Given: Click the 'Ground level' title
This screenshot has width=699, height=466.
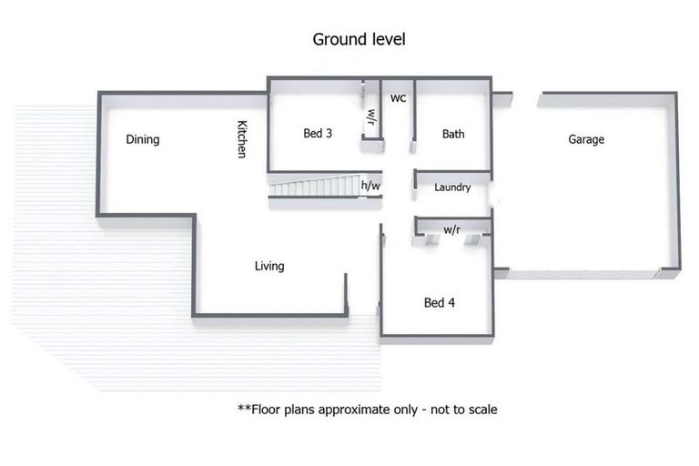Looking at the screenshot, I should pyautogui.click(x=359, y=39).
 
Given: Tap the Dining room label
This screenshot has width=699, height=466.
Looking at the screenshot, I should pyautogui.click(x=143, y=139).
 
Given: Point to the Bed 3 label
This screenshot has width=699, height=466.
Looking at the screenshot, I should pyautogui.click(x=318, y=133).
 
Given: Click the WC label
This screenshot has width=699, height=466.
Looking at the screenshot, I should pyautogui.click(x=398, y=97).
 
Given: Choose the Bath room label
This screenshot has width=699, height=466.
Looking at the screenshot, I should pyautogui.click(x=453, y=134).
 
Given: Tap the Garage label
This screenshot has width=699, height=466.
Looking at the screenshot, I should pyautogui.click(x=586, y=139).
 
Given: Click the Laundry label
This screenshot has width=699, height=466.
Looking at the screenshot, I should pyautogui.click(x=452, y=187).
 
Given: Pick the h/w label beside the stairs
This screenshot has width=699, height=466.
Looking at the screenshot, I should pyautogui.click(x=370, y=187).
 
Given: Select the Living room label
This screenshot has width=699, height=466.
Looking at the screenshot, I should pyautogui.click(x=269, y=266).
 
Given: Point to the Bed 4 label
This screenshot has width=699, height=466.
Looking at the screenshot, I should pyautogui.click(x=440, y=302).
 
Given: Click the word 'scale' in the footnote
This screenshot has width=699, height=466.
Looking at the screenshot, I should pyautogui.click(x=481, y=410).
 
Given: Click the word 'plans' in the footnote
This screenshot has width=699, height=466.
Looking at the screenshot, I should pyautogui.click(x=307, y=410).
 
